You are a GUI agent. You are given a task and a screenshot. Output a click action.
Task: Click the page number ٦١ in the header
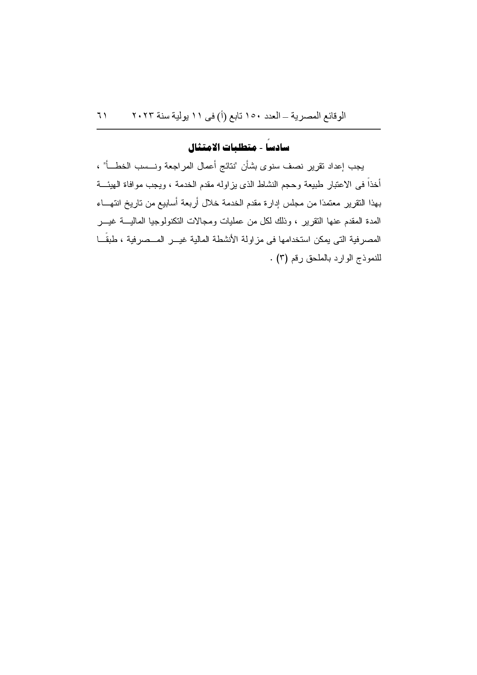tap(102, 116)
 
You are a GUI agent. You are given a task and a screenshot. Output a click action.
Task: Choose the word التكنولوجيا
tap(178, 222)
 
